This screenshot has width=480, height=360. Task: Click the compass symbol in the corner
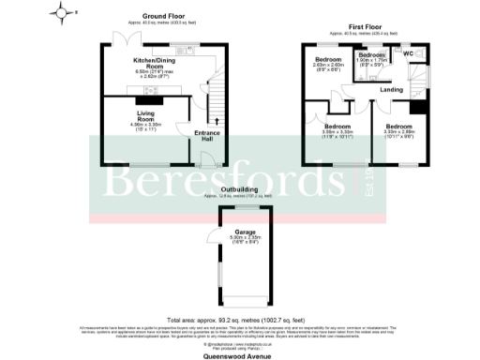click(x=63, y=13)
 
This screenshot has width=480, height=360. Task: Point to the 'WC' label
click(x=409, y=53)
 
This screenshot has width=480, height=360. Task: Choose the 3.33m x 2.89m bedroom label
click(x=399, y=129)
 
